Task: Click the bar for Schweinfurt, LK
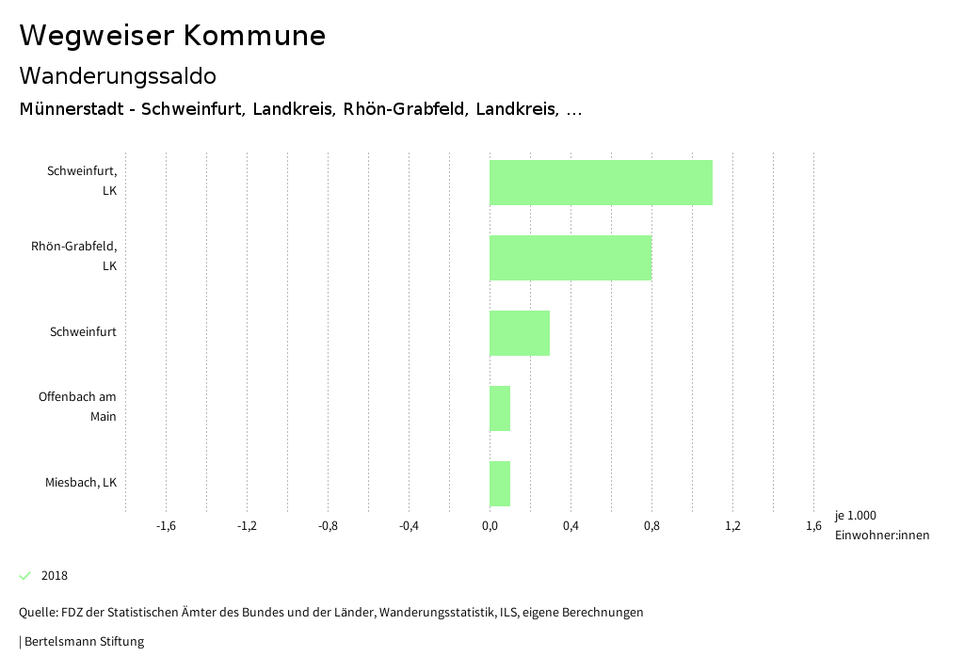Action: (601, 183)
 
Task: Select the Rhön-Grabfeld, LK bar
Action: (570, 258)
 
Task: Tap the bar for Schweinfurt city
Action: (520, 333)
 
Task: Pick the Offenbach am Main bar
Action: (500, 408)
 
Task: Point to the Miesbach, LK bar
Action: (500, 484)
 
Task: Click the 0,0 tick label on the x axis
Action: (490, 526)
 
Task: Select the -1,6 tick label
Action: (166, 526)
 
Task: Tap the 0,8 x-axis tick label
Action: (651, 526)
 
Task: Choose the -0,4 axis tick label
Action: (409, 526)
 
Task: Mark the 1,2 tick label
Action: (732, 526)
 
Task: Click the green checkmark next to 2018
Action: (25, 575)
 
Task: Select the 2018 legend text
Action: (55, 576)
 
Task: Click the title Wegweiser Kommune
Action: (172, 36)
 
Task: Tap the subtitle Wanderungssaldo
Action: (118, 75)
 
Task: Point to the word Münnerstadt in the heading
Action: (72, 109)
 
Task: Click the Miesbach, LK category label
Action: (81, 483)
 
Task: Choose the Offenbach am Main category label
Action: (77, 407)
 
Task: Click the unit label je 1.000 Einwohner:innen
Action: (881, 525)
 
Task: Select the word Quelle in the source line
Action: (37, 613)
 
